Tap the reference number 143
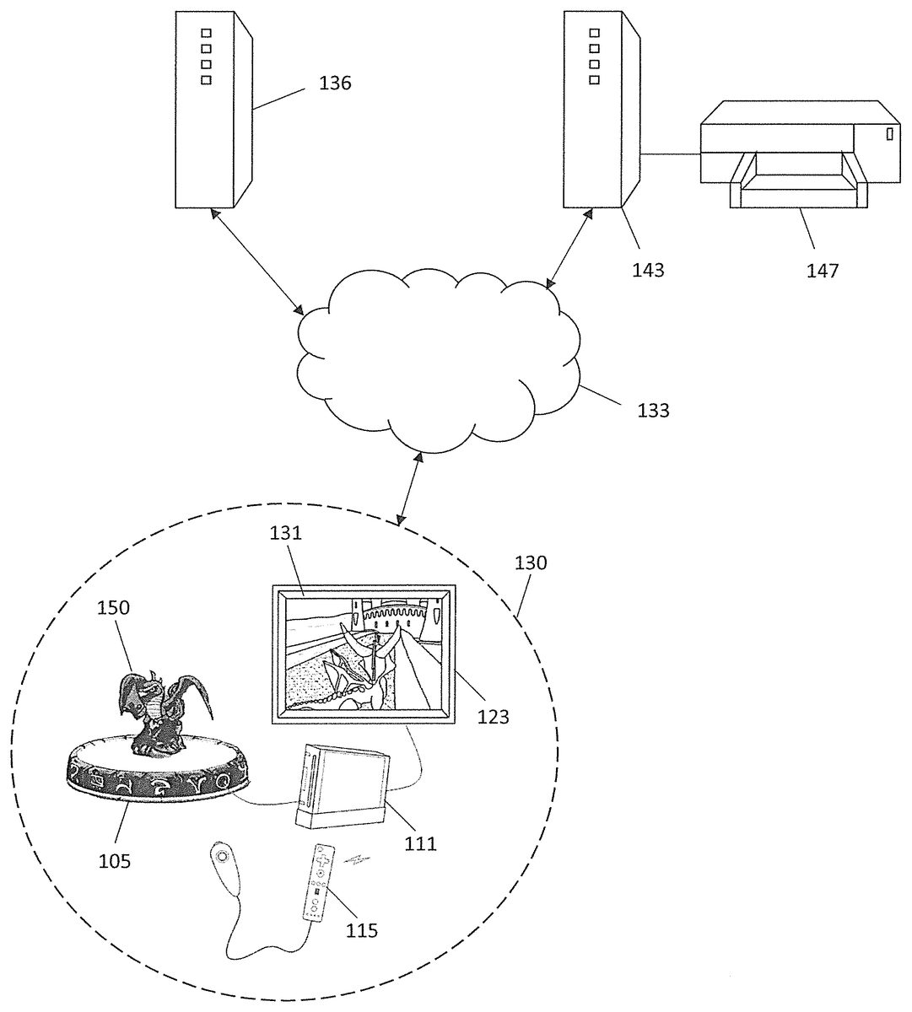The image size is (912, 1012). (x=648, y=270)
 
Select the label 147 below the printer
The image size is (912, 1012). (x=822, y=270)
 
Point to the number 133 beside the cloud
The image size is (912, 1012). (x=653, y=411)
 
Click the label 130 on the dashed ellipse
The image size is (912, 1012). (x=531, y=563)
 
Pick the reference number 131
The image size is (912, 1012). (x=286, y=533)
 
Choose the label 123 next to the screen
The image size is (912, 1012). (x=493, y=717)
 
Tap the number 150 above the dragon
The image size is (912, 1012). (x=113, y=607)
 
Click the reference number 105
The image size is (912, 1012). (x=114, y=861)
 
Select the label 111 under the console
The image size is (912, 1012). (x=419, y=842)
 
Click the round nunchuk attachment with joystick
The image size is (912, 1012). (x=221, y=857)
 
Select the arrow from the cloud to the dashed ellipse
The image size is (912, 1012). (x=411, y=487)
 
